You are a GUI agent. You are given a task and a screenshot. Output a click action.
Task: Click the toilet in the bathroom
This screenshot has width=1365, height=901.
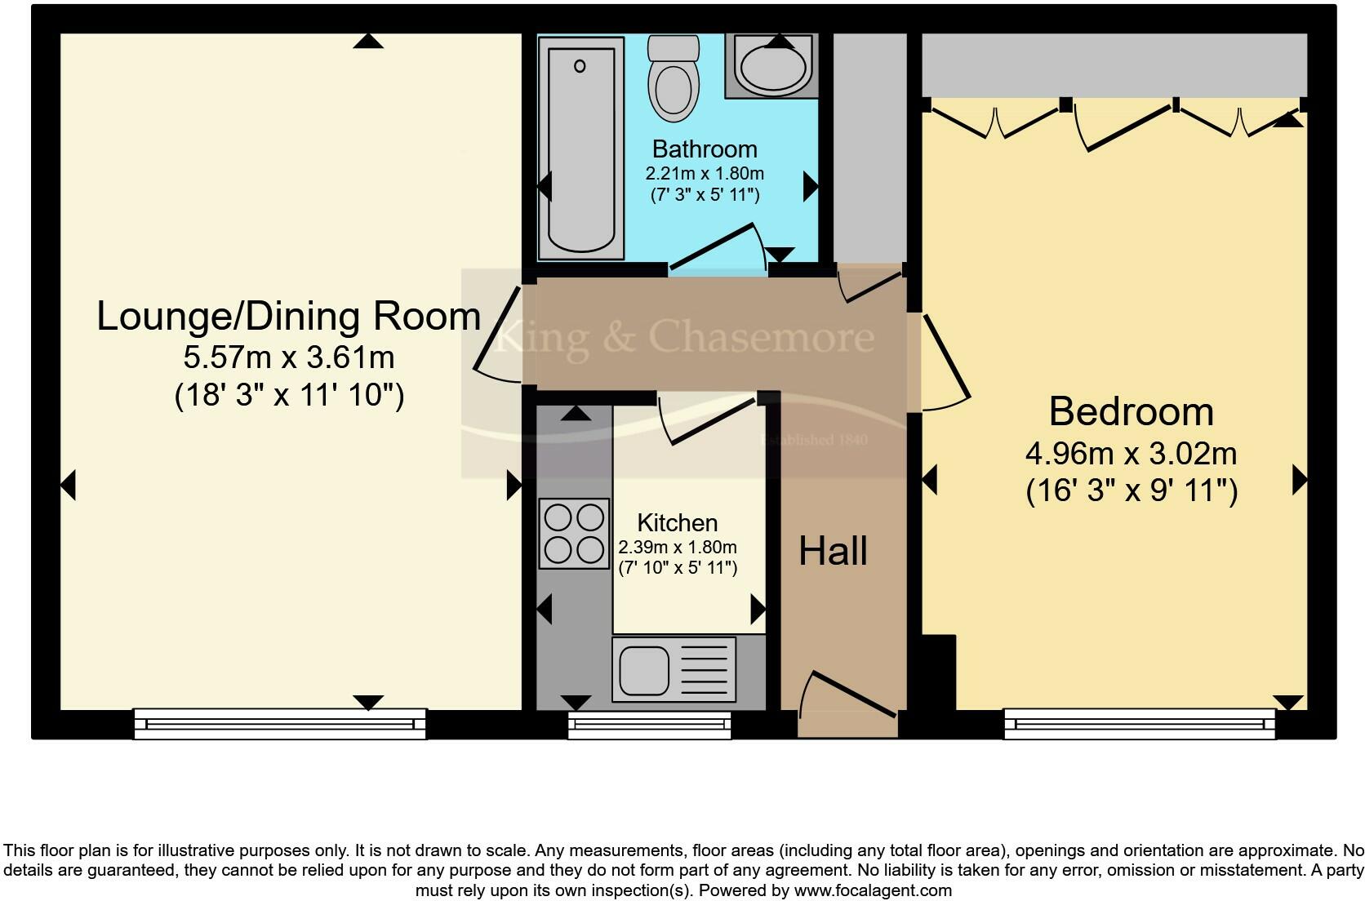(674, 78)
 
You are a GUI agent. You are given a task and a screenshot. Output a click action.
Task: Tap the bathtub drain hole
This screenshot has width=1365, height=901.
(580, 66)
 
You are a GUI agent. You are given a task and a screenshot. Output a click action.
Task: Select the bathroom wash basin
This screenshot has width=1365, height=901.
(771, 66)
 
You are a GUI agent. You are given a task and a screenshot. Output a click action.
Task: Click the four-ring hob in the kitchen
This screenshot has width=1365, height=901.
(574, 534)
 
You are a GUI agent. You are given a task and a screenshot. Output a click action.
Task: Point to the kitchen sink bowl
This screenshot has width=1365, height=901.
(643, 669)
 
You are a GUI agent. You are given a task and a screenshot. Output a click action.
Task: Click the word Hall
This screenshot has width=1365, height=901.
(833, 552)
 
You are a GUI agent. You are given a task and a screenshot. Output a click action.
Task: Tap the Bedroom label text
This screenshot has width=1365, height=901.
(1131, 412)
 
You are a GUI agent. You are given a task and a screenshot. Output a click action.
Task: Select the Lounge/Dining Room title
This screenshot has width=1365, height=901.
(289, 316)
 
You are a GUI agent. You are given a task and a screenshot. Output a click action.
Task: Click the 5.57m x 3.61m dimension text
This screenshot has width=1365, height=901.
(289, 357)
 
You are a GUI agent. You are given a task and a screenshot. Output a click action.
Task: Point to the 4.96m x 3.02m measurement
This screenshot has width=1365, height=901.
(1131, 454)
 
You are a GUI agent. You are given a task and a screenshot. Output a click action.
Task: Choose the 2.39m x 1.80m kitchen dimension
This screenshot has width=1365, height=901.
(678, 547)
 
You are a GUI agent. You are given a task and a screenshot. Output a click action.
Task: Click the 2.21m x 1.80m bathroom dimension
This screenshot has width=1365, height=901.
(705, 174)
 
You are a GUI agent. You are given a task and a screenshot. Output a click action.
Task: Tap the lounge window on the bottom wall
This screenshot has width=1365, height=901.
(280, 724)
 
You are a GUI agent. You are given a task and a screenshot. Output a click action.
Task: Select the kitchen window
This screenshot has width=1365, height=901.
(650, 725)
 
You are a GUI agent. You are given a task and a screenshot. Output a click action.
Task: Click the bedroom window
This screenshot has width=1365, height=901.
(1140, 724)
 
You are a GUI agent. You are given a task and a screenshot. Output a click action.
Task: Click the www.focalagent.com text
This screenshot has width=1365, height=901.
(873, 890)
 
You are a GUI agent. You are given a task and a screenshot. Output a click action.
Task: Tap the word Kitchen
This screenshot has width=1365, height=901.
(677, 522)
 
